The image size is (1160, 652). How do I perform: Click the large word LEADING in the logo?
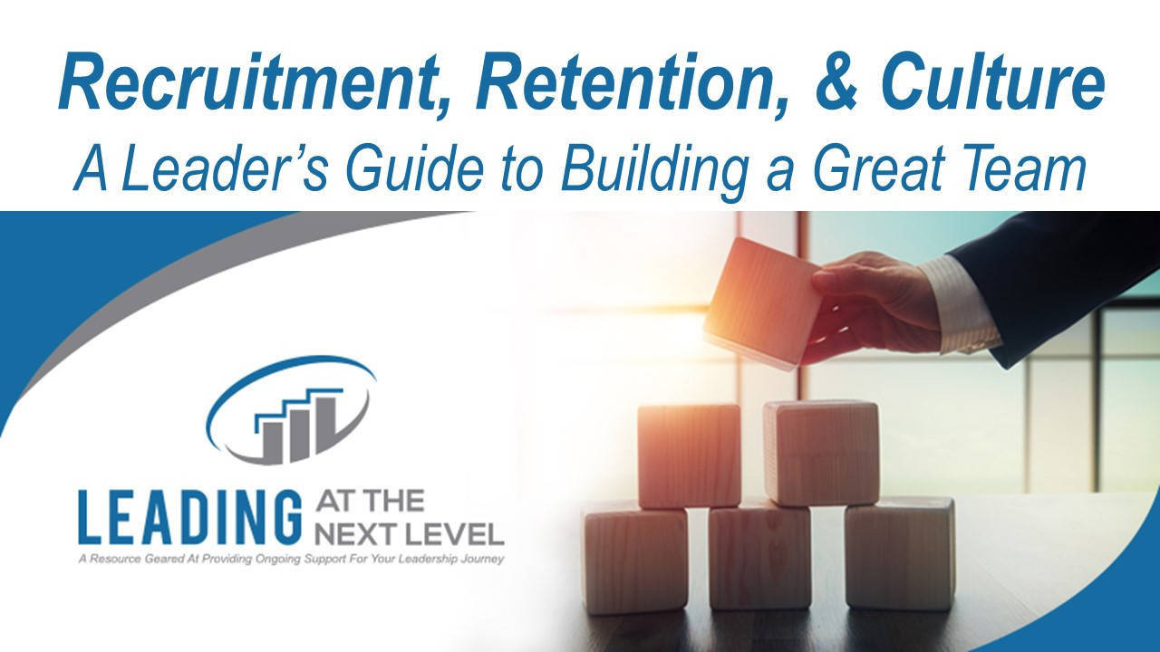pyautogui.click(x=189, y=517)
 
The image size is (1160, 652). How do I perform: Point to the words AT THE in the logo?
pyautogui.click(x=362, y=501)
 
